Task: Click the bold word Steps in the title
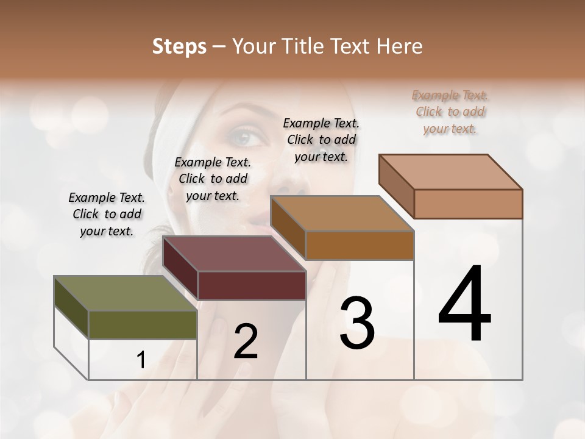coord(179,46)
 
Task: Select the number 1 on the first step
coord(141,360)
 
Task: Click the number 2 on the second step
coord(246,341)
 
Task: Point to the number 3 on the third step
coord(357,323)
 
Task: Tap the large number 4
coord(464,305)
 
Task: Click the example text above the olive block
coord(107,214)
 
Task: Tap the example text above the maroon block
coord(213,179)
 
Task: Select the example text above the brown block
coord(321,140)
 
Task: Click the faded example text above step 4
coord(450,112)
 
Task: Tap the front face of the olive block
coord(143,324)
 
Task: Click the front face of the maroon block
coord(252,285)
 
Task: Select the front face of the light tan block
coord(468,204)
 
